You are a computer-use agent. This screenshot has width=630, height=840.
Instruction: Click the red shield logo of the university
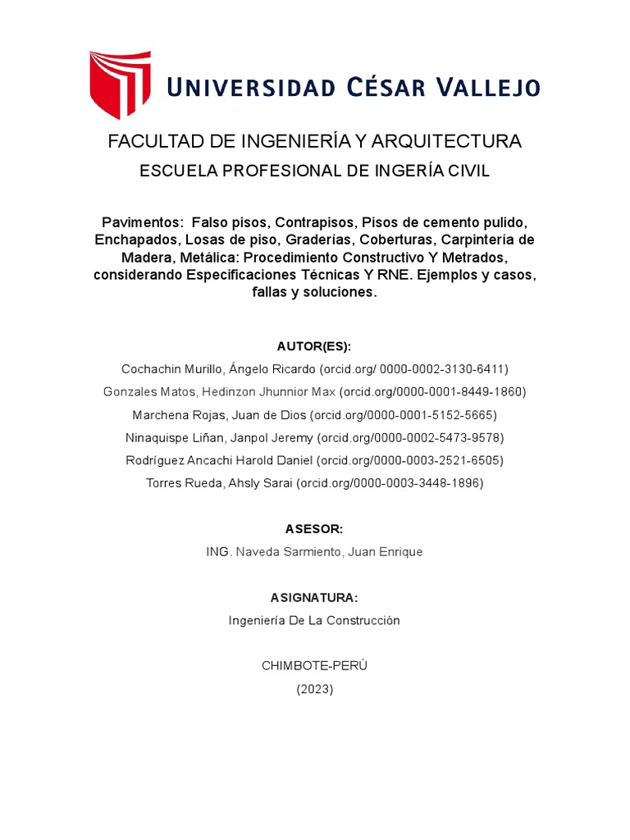(x=120, y=84)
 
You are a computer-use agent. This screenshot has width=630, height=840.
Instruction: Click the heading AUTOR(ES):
(x=314, y=346)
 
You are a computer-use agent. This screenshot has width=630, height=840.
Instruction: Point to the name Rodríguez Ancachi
(x=176, y=460)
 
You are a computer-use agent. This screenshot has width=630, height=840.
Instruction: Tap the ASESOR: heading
(x=314, y=529)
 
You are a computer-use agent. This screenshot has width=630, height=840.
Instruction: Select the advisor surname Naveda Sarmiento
(x=290, y=552)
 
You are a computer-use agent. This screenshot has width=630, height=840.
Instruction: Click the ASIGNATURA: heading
(x=314, y=597)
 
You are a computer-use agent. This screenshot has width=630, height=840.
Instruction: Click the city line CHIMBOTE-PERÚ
(x=314, y=665)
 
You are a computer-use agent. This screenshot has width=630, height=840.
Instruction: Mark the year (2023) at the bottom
(x=314, y=689)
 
